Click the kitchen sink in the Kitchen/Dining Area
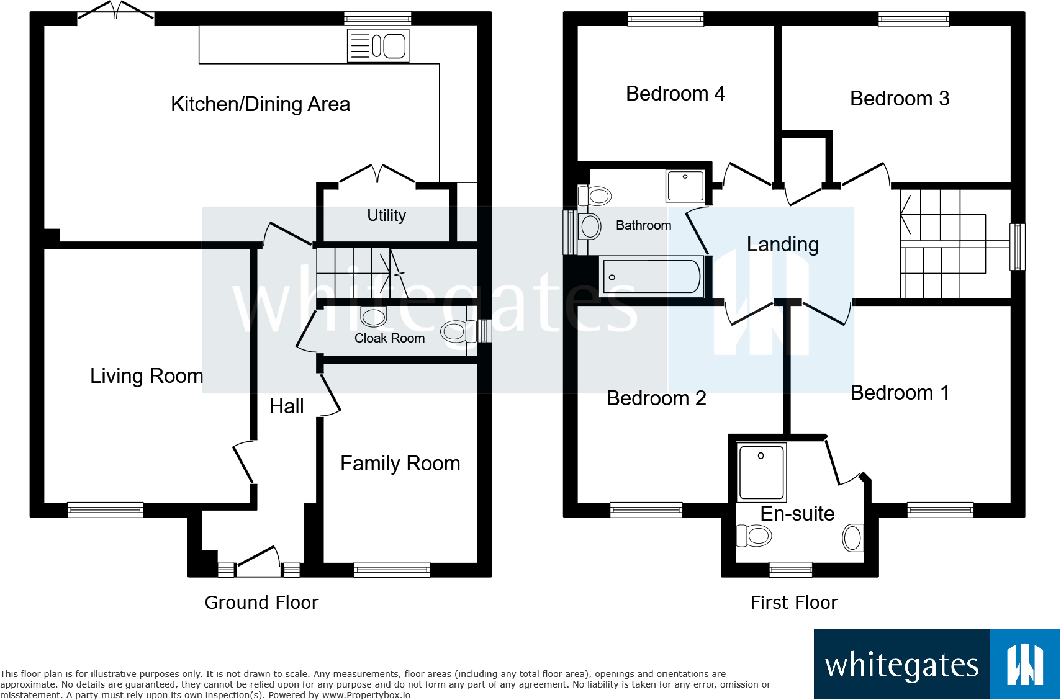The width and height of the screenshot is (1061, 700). [378, 45]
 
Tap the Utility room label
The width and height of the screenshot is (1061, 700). [387, 215]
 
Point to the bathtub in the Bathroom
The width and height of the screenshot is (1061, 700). [651, 277]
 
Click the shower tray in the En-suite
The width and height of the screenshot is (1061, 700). [761, 472]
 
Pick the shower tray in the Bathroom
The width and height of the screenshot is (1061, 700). [685, 186]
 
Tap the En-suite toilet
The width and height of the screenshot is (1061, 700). [754, 536]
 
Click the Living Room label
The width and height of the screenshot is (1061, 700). [147, 376]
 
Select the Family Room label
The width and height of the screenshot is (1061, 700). [400, 464]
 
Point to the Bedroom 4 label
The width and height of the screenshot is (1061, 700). [675, 94]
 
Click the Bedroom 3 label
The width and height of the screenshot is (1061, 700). [900, 99]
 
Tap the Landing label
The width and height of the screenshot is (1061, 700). [782, 245]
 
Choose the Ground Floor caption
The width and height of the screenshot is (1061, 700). [261, 603]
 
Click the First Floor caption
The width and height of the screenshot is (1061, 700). [794, 603]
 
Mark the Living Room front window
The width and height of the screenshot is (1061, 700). [105, 509]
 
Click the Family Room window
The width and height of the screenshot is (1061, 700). [392, 569]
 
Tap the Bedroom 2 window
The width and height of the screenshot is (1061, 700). [646, 509]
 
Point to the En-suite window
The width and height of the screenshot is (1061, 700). [790, 569]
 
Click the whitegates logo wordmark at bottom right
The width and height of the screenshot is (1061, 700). [901, 665]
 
